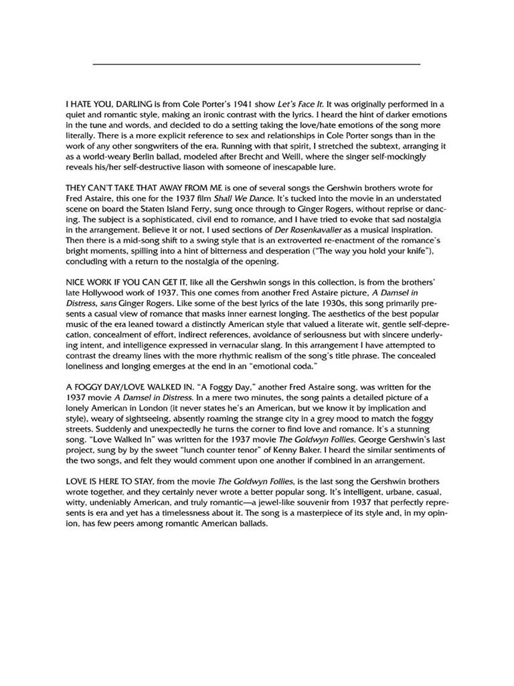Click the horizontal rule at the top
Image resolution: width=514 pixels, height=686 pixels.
[256, 64]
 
